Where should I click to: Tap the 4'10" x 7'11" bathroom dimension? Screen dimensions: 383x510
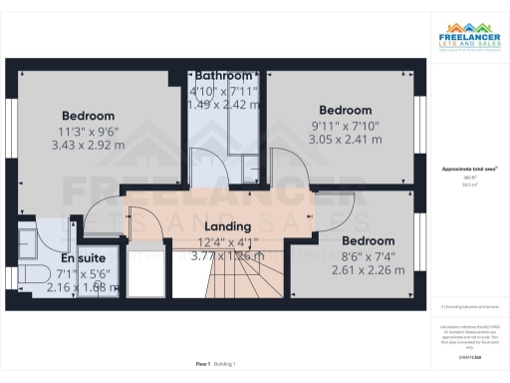pos(226,90)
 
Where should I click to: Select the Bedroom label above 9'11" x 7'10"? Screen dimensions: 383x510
pos(344,110)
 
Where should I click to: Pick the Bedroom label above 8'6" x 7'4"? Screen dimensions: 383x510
pos(368,241)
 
